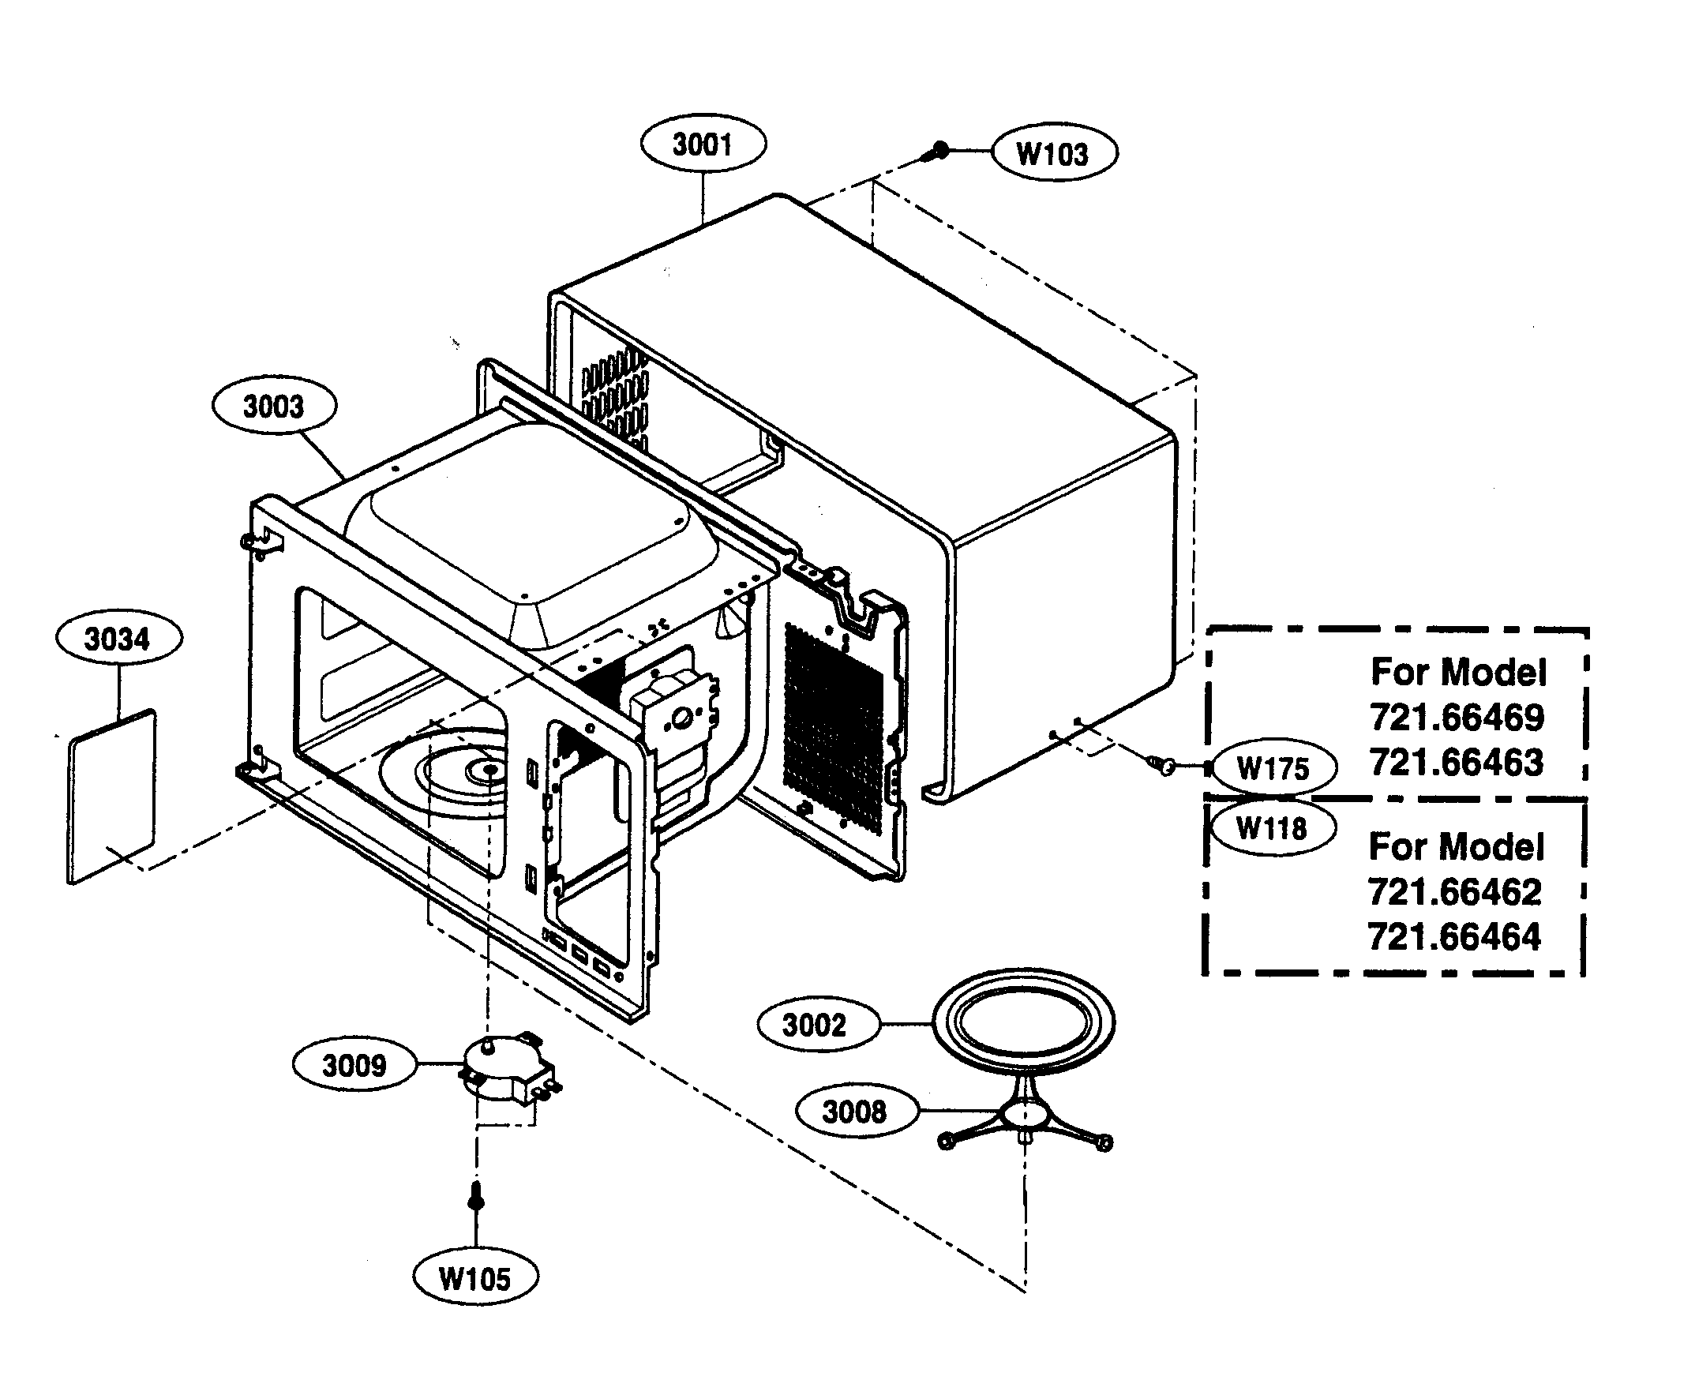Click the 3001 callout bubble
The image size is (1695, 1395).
point(703,144)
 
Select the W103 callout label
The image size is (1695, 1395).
point(1054,152)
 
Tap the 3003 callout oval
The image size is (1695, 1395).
point(274,406)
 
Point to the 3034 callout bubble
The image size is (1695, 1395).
point(118,639)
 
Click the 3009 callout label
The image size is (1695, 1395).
point(354,1066)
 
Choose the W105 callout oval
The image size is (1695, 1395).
point(475,1277)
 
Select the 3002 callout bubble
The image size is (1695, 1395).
point(815,1025)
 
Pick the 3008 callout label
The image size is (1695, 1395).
point(854,1112)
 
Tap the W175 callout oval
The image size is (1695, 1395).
point(1274,768)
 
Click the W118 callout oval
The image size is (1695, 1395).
point(1272,827)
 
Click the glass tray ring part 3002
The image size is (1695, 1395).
point(1023,1023)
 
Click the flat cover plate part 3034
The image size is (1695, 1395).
point(113,796)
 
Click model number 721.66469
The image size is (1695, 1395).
point(1457,718)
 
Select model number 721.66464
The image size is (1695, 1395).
point(1454,937)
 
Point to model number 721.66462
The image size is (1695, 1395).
point(1454,892)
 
